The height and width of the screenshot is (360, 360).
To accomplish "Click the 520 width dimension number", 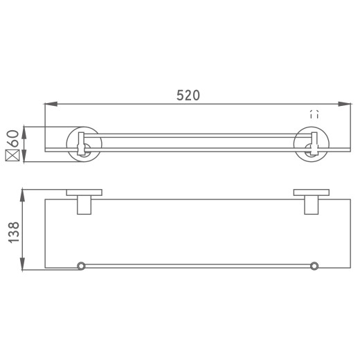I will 188,96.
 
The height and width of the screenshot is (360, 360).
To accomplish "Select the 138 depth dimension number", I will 12,228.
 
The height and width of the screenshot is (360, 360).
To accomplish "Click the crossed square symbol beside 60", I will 12,156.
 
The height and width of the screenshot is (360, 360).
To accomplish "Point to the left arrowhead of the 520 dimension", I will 49,105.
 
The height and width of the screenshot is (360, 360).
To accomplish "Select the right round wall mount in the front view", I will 311,145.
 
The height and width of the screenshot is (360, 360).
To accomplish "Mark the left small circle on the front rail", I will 81,265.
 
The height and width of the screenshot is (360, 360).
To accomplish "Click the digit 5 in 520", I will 179,96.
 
